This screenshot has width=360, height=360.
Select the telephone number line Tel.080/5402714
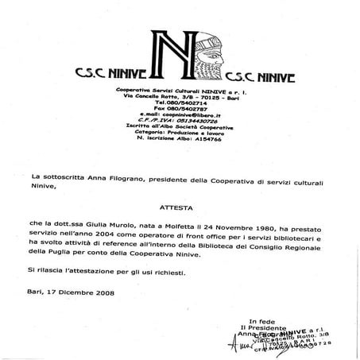178,103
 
